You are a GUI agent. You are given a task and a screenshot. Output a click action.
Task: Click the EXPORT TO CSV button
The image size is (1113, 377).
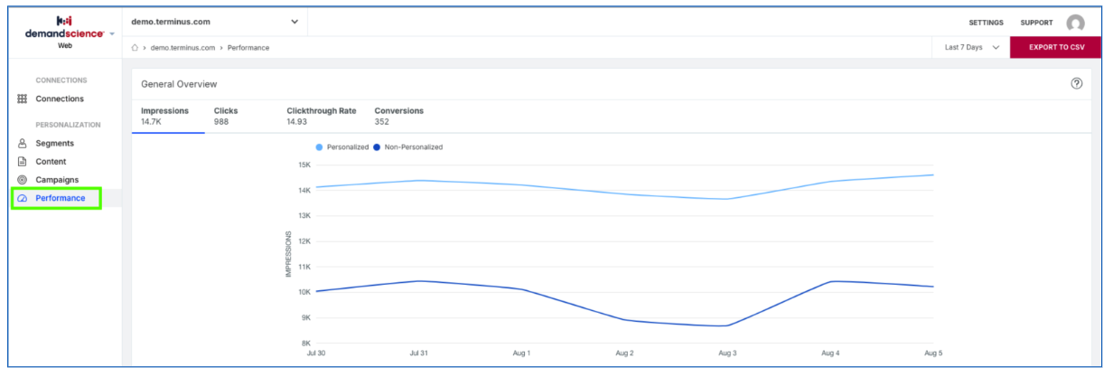tap(1056, 47)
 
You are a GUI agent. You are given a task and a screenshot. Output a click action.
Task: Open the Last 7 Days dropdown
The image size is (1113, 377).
tap(971, 47)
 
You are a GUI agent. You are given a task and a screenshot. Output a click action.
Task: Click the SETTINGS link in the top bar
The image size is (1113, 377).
tap(986, 23)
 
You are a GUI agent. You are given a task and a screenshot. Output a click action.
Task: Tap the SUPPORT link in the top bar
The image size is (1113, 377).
tap(1036, 23)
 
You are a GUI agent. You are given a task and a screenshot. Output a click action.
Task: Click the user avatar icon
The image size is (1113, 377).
tap(1076, 23)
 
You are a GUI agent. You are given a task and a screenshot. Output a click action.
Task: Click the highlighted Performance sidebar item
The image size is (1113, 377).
tap(56, 198)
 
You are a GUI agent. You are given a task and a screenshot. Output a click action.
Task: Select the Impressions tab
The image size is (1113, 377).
tap(165, 116)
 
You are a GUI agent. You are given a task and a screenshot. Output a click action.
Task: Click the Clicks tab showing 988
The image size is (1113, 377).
tap(226, 116)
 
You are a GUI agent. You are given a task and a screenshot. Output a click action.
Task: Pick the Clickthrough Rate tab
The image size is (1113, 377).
tap(322, 116)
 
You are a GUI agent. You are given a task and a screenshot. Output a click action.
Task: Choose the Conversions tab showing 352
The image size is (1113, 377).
tap(399, 116)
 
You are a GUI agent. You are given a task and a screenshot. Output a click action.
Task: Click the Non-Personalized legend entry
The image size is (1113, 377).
tap(408, 147)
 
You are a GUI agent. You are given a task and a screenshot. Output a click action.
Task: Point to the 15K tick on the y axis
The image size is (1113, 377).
tap(304, 165)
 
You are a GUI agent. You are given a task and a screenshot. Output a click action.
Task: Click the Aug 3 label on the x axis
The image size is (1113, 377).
tap(727, 353)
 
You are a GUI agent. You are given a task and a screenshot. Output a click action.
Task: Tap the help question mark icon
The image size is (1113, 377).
tap(1076, 83)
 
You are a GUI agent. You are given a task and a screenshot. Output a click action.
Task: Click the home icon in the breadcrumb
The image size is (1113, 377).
tap(135, 48)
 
